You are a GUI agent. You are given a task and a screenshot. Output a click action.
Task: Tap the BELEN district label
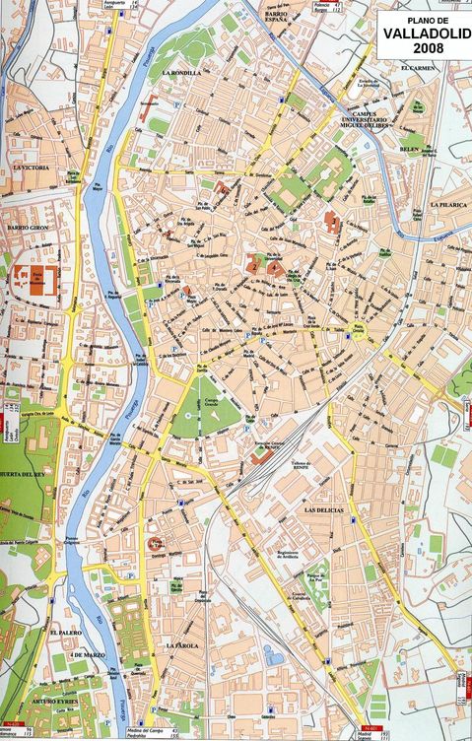coord(409,149)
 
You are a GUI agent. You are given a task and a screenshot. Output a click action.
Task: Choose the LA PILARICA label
coord(446,204)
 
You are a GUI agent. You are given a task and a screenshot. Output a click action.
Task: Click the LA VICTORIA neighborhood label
coord(34,168)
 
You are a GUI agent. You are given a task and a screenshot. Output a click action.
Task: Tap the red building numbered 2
coord(254,266)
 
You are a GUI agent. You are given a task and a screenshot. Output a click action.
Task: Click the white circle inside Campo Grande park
coord(186,420)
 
